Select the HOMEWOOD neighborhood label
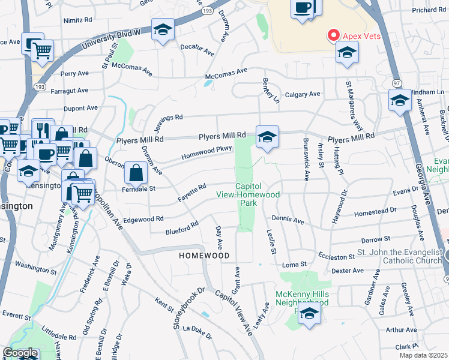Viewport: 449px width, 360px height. point(204,256)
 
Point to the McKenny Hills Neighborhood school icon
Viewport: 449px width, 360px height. point(309,313)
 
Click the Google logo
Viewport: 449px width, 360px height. point(20,353)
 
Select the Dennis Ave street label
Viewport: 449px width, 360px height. point(288,220)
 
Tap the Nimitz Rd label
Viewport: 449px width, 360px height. point(77,19)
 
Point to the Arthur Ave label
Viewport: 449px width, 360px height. point(402,329)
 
